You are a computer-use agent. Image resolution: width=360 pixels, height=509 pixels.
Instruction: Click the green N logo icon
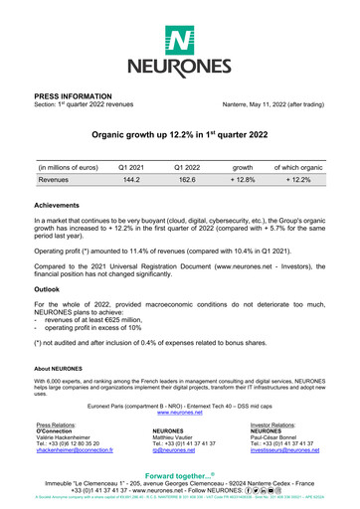180,41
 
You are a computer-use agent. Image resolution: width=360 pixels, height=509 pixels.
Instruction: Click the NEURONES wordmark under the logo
180,68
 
